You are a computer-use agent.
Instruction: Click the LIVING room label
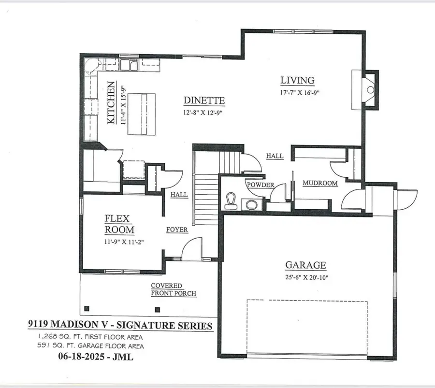click(298, 80)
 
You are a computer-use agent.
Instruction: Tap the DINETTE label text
click(204, 101)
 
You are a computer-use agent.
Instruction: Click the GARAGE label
click(305, 265)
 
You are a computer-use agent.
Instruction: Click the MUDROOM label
click(320, 184)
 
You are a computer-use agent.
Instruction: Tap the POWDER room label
click(261, 185)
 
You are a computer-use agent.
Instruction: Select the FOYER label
click(177, 230)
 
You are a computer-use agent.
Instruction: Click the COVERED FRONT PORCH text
click(173, 289)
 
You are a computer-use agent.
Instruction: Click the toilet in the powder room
click(232, 201)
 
